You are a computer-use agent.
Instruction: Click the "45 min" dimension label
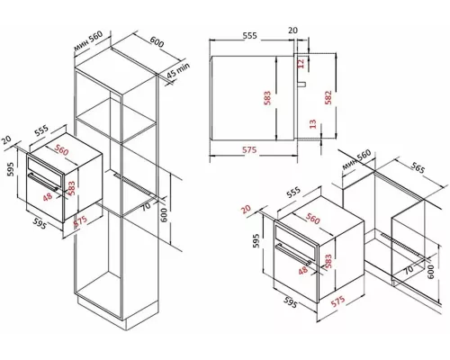pos(178,71)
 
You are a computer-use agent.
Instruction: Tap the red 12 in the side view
pos(301,63)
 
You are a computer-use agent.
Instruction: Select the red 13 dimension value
pos(312,123)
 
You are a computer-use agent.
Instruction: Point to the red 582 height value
pos(328,97)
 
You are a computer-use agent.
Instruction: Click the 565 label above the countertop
pos(418,168)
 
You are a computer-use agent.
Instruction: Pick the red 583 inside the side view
pos(267,98)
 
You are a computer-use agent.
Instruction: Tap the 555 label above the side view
pos(250,35)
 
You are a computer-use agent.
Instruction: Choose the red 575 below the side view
pos(249,149)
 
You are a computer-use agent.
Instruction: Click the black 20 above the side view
pos(293,30)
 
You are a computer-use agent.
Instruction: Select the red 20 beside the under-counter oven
pos(246,209)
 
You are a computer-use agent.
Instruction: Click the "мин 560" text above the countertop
pos(356,159)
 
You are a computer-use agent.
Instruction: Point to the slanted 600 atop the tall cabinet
pos(157,42)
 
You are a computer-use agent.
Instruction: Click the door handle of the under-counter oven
pos(292,254)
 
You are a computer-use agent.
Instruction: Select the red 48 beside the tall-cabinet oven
pos(48,197)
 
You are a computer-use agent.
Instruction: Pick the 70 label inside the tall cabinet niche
pos(146,207)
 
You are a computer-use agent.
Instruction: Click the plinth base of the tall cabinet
pos(118,313)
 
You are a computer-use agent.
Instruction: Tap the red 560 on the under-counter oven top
pos(313,220)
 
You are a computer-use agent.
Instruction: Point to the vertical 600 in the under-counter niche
pos(430,272)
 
